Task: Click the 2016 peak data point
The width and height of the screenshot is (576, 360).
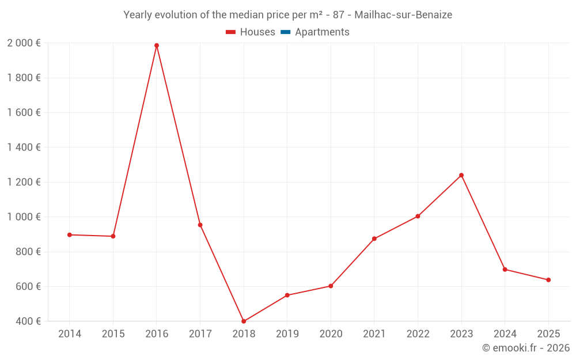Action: pos(157,46)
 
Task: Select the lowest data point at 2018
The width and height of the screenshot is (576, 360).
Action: pos(244,321)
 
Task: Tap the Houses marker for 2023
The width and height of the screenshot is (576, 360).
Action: pos(461,175)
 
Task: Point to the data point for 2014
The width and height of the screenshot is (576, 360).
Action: pos(69,235)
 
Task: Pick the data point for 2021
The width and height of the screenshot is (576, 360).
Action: pos(374,238)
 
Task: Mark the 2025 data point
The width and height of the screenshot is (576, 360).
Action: pos(548,280)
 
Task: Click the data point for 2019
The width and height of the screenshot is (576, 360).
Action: pos(287,295)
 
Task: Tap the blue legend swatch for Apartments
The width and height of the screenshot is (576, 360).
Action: pos(285,32)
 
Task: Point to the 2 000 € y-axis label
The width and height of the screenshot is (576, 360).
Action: pos(24,43)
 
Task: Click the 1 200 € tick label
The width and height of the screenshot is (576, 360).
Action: pos(24,183)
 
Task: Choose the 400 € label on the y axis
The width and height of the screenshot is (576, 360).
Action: pos(27,321)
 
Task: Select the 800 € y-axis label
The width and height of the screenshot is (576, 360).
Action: pos(27,252)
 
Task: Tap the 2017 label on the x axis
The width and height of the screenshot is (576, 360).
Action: pos(200,334)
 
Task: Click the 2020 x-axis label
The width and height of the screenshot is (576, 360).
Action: pos(331,334)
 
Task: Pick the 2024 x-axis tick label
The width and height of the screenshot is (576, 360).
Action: pos(505,334)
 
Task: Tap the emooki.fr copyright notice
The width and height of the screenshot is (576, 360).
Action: pos(525,348)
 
